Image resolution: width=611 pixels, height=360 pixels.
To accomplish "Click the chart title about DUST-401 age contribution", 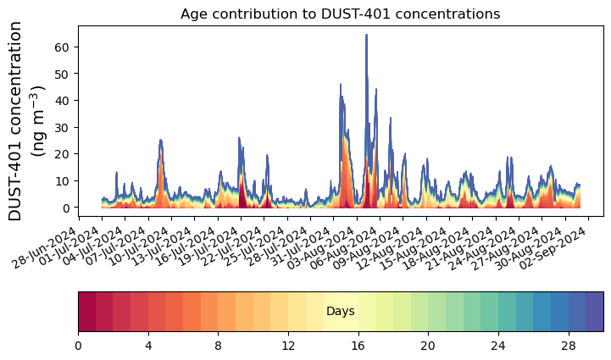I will point(340,14).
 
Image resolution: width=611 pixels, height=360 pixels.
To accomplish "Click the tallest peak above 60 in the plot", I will point(366,36).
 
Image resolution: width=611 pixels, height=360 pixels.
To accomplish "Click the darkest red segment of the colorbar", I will point(86,311).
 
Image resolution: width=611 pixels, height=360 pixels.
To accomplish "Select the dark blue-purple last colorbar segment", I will point(594,311).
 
